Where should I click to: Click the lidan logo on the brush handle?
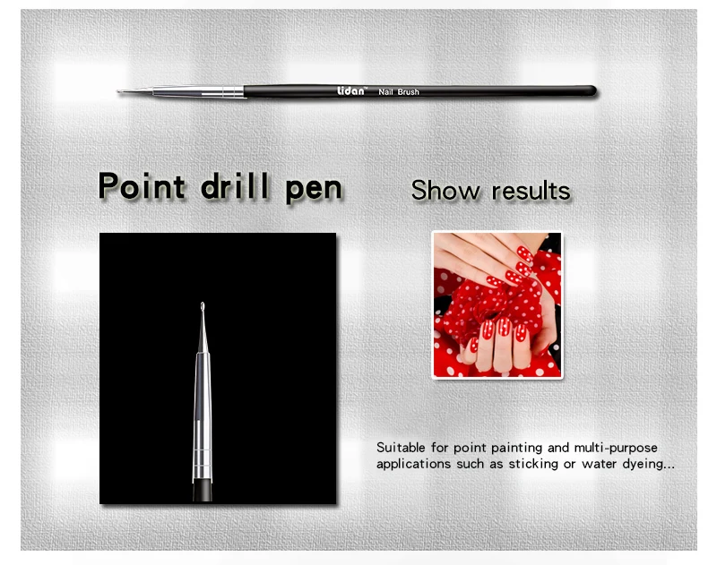[352, 90]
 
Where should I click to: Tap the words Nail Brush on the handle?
[399, 92]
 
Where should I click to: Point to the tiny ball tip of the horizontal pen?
[118, 92]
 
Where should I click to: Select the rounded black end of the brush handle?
[592, 91]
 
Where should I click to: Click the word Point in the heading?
[142, 186]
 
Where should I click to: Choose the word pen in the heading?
[314, 190]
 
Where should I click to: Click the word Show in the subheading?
[445, 190]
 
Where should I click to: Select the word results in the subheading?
[531, 191]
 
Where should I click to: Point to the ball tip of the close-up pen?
[203, 305]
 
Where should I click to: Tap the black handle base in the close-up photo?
[203, 491]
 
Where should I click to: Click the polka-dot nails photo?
[497, 305]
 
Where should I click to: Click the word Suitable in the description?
[401, 447]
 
